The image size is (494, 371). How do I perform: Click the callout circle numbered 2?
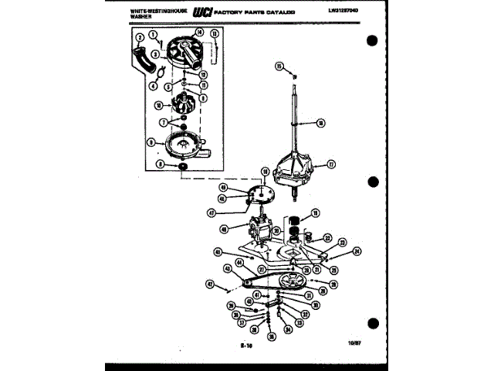(x=140, y=38)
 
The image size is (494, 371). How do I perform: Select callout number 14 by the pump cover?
(x=199, y=32)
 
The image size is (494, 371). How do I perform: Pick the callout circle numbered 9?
(x=152, y=141)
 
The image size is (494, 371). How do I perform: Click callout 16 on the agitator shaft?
(x=320, y=122)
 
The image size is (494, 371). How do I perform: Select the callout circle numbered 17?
(x=331, y=164)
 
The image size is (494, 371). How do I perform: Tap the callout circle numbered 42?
(x=228, y=268)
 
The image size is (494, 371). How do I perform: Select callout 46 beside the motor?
(x=224, y=229)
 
